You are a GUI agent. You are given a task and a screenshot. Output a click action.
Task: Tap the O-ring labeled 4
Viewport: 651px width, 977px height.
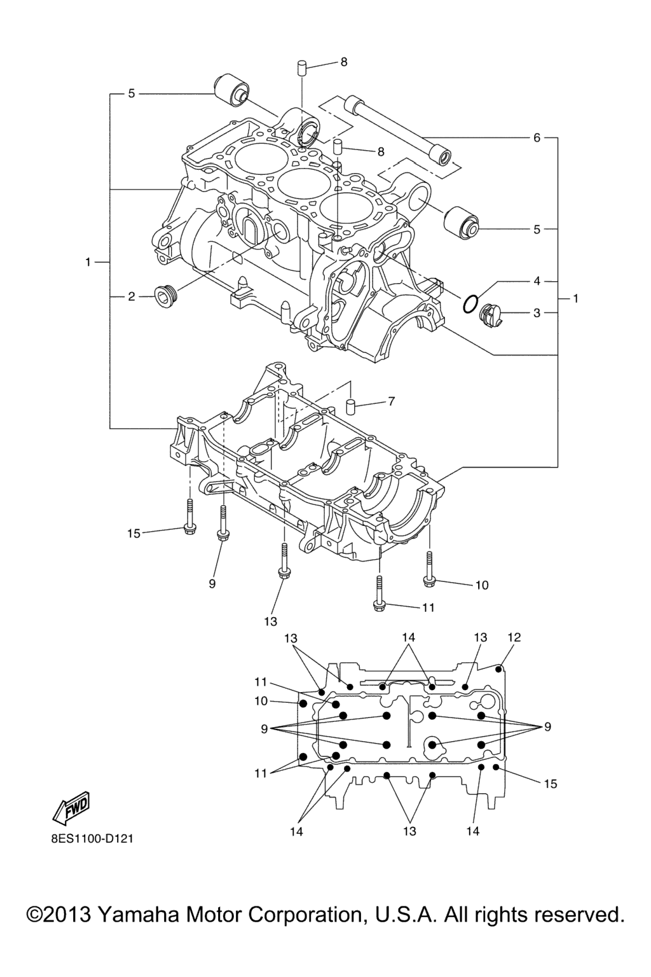[x=470, y=304]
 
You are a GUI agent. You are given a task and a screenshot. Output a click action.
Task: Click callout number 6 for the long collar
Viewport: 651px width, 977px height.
[x=537, y=138]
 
